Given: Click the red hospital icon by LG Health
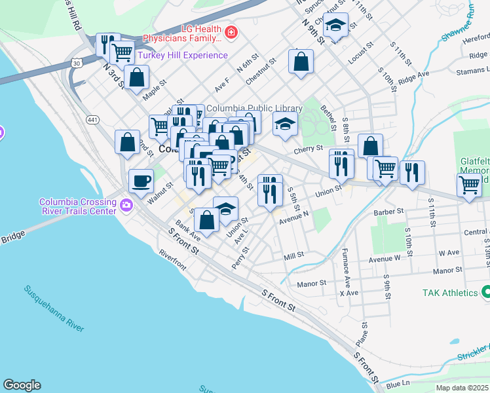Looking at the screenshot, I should (x=231, y=32).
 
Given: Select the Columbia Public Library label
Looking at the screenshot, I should (x=255, y=109).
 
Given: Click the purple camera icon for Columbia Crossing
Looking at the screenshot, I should (x=126, y=206).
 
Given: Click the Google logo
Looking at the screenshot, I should (x=22, y=385).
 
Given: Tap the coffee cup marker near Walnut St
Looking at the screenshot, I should (x=141, y=181).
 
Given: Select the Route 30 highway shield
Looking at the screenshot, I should (x=77, y=63).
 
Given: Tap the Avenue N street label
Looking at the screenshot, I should (x=293, y=215).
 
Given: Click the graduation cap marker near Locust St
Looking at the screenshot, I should (x=336, y=26).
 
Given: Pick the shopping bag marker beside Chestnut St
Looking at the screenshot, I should (x=301, y=62).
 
